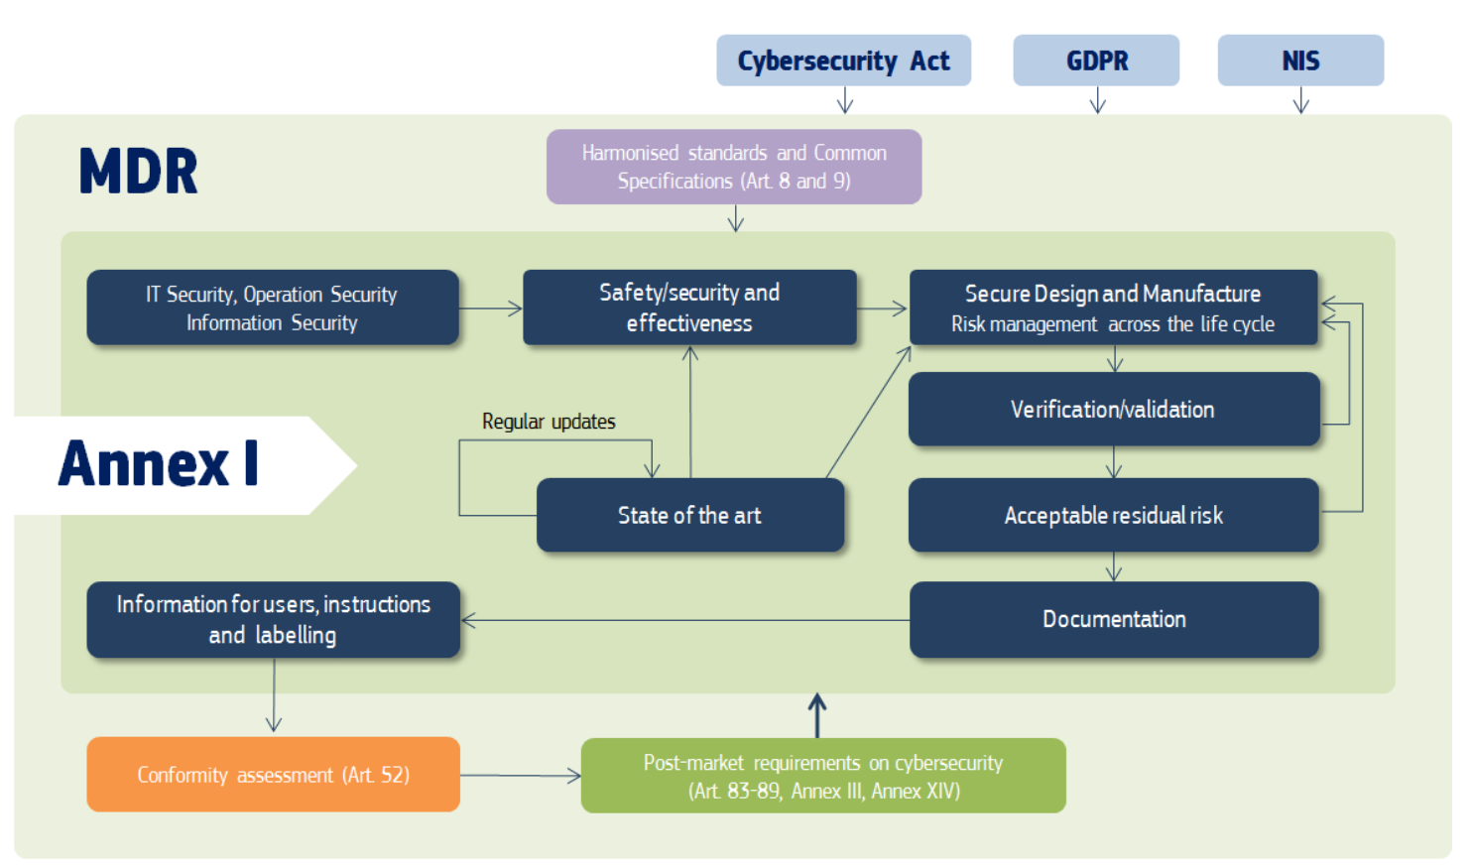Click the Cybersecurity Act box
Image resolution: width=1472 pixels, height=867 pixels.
pos(843,61)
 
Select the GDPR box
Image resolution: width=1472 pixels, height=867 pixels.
pos(1096,61)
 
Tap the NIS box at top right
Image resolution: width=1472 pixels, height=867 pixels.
pos(1300,61)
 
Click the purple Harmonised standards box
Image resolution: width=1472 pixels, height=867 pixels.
pos(734,167)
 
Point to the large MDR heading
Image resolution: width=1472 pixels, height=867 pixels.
pos(138,172)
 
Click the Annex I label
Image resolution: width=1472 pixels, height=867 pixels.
pos(159,464)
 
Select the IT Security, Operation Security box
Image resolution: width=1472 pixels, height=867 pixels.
pos(273,308)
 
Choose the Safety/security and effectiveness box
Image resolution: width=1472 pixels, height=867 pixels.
pos(689,308)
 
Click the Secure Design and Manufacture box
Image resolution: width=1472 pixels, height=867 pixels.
pos(1113,308)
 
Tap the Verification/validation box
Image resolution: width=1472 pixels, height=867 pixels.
pos(1113,410)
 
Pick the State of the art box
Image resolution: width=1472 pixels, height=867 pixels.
pos(689,515)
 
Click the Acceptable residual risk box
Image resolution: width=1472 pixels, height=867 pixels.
pos(1113,515)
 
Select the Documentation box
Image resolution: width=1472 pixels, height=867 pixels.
pos(1113,619)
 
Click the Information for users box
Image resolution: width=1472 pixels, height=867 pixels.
pos(273,619)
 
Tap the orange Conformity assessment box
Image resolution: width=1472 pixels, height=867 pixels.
pos(273,775)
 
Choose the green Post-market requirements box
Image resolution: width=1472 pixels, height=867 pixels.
pos(823,776)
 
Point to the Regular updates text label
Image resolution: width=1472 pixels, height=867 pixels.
pos(549,422)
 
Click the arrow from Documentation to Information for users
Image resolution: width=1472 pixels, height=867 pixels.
pos(684,621)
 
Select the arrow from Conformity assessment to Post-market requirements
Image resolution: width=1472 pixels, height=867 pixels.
pos(521,776)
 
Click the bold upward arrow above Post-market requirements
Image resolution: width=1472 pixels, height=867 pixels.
pos(817,714)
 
